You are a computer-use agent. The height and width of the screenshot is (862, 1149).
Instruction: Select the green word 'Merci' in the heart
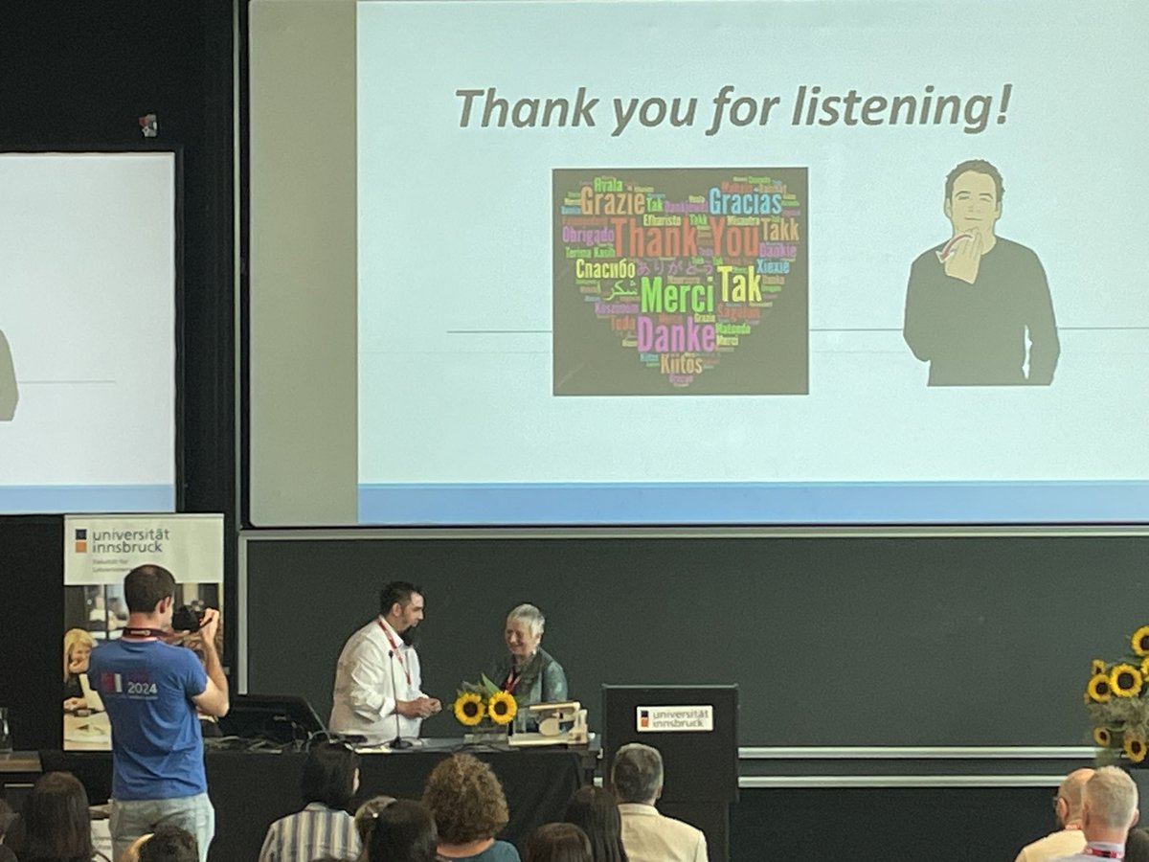(677, 294)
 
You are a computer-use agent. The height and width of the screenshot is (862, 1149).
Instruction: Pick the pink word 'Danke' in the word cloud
(675, 335)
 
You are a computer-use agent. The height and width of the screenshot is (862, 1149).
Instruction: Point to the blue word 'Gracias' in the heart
(745, 201)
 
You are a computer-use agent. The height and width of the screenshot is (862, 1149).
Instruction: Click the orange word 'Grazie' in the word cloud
(612, 201)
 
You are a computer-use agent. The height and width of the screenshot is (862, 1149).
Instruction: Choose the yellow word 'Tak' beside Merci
(739, 284)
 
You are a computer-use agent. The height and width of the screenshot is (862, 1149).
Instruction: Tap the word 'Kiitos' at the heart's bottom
(681, 364)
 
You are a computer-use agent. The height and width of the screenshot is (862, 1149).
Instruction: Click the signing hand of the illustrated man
(962, 254)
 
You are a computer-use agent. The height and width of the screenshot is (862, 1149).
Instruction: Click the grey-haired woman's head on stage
(526, 626)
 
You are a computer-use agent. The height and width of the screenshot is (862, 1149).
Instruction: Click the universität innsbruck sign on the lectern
(674, 717)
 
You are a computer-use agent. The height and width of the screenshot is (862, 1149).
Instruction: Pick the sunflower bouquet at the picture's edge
(1121, 690)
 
